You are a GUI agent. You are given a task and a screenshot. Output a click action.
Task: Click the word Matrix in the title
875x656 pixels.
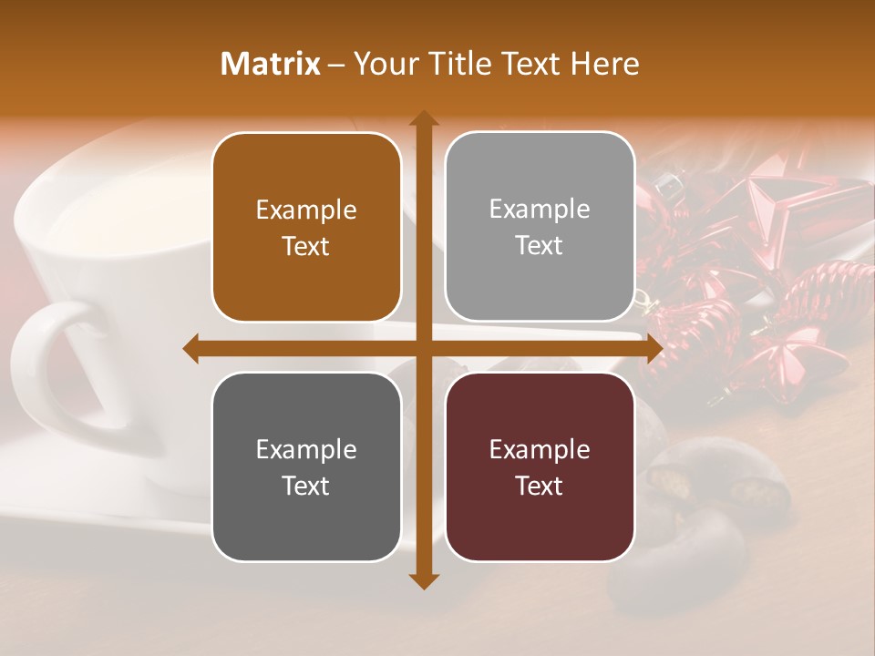271,64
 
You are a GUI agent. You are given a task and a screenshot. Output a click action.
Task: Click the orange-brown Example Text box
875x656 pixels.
306,228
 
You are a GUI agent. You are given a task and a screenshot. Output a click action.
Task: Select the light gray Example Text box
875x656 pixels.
540,227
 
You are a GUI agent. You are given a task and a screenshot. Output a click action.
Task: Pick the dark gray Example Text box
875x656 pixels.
306,467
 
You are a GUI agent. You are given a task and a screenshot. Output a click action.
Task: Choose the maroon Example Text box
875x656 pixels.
540,467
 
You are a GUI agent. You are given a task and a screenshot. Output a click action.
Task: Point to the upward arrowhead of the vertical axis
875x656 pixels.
423,118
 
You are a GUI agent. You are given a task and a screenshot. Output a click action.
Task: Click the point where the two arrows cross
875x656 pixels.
423,348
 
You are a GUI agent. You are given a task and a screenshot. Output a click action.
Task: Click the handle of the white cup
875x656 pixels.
41,364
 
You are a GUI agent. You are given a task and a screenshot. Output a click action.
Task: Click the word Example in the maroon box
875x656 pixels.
540,450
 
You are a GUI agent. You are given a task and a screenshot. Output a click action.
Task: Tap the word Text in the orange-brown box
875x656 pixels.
306,247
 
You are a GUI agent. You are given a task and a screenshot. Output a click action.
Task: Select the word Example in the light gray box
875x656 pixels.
540,210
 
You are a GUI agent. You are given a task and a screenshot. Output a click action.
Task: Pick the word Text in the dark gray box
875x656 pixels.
306,487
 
